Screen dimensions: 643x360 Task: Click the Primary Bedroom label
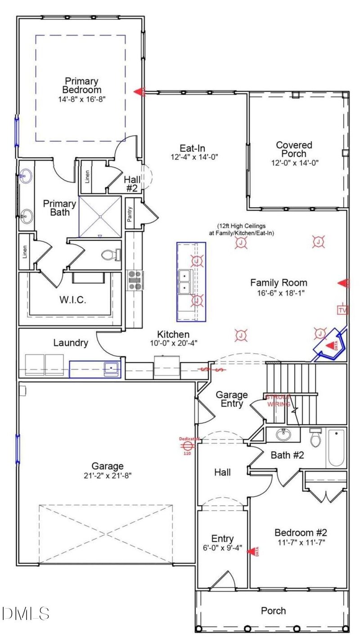81,86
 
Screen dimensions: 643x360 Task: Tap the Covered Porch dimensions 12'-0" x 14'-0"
294,163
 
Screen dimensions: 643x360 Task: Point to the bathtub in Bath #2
336,448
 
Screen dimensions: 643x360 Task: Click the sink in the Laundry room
110,369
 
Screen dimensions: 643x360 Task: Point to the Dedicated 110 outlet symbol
187,446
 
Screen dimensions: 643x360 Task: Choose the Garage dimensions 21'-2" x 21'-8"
108,475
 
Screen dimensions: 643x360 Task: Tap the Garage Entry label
232,399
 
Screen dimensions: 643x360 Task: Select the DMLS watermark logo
26,613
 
